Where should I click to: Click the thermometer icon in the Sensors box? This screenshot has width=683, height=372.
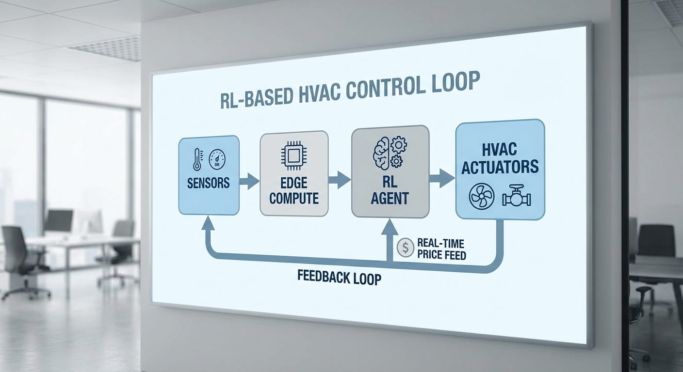coord(197,159)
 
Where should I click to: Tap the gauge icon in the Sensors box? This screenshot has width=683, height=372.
coord(217,158)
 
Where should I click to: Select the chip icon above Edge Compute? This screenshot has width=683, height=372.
coord(293,157)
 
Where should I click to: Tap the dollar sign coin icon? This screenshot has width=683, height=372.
coord(405,248)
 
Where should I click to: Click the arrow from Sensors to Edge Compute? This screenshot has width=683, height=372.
coord(249,181)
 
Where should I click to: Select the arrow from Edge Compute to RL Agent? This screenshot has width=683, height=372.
coord(340,180)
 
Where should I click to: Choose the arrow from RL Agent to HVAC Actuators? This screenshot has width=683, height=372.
coord(441,178)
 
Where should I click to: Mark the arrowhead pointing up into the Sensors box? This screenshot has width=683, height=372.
coord(208,224)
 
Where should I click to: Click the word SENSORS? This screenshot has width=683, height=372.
coord(208,183)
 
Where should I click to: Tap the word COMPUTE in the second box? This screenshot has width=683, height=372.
coord(294,198)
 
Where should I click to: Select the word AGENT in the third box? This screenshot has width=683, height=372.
coord(390,198)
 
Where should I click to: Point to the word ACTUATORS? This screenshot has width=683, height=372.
coord(500,167)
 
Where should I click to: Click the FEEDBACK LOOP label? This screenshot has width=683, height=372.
coord(339,279)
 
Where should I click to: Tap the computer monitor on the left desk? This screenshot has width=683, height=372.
coord(59,220)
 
